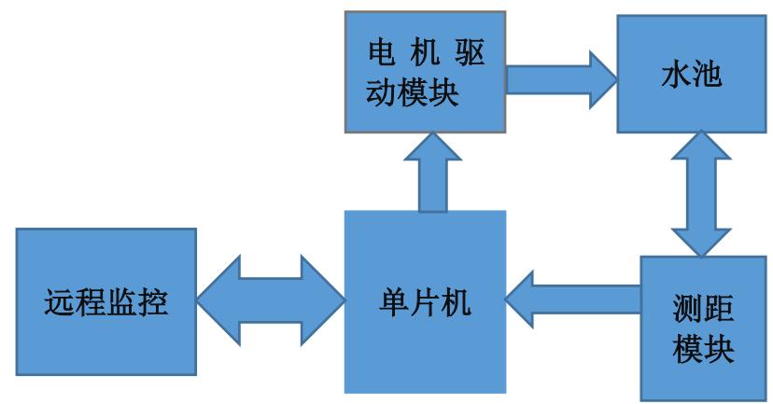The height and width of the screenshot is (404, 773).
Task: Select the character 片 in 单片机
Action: tap(425, 302)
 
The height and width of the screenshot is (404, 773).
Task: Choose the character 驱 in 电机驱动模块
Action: tap(468, 53)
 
